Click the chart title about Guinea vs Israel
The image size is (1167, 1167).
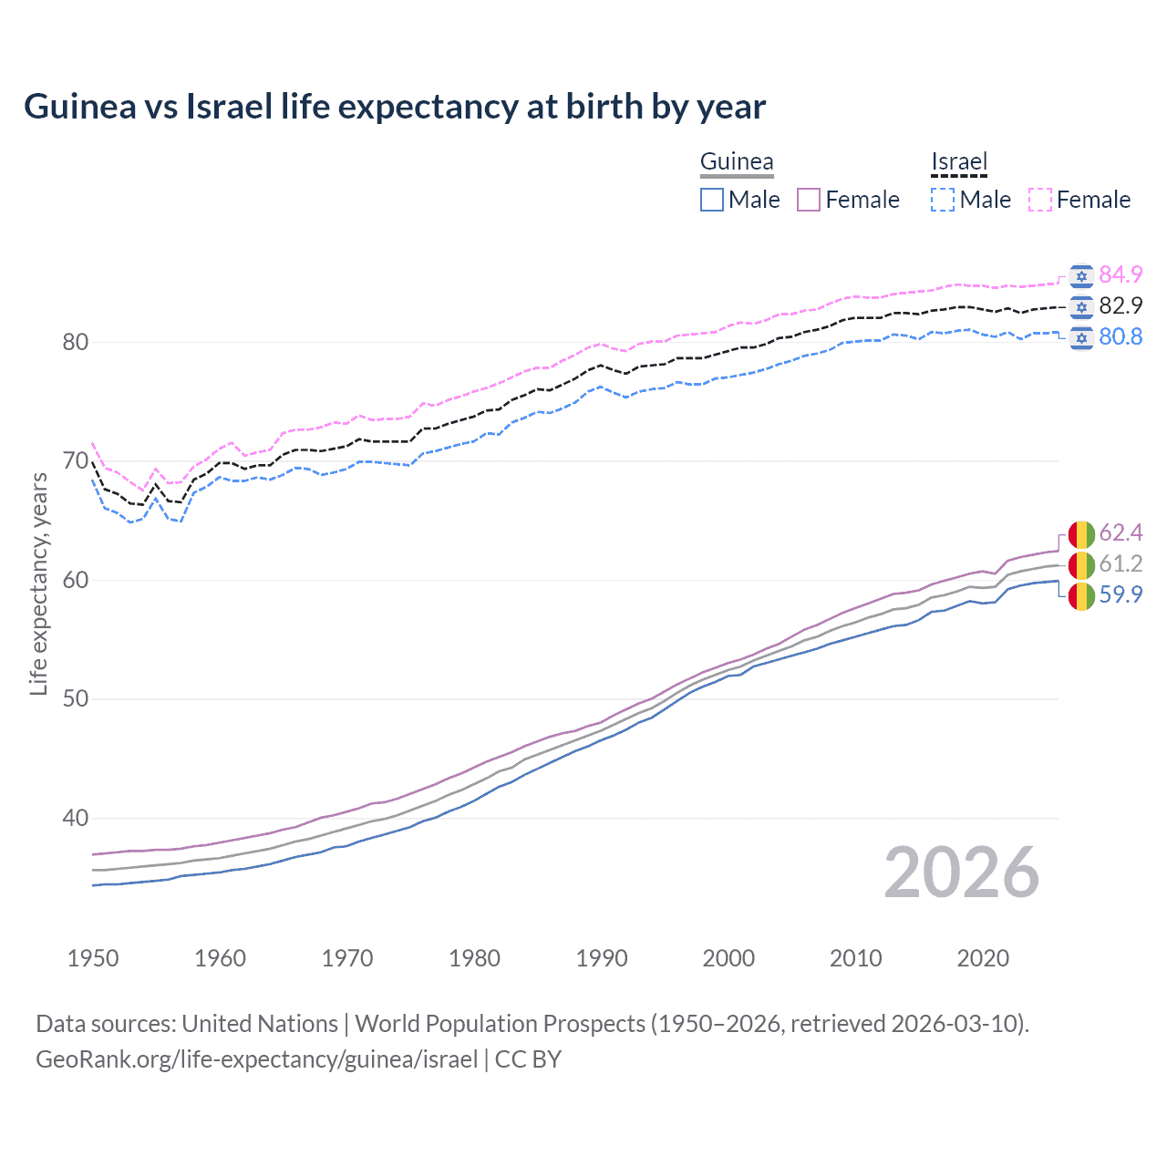(x=394, y=107)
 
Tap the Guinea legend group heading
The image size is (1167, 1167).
(x=737, y=162)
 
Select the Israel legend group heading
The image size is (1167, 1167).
(x=959, y=162)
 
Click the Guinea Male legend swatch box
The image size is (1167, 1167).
(x=712, y=200)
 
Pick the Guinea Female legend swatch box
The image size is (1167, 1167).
(x=809, y=200)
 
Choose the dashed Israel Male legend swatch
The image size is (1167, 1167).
(x=943, y=200)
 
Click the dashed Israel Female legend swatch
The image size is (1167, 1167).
(x=1040, y=200)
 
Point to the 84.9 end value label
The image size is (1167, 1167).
(x=1121, y=274)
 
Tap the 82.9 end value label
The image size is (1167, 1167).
(x=1121, y=305)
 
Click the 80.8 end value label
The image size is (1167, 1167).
(x=1121, y=336)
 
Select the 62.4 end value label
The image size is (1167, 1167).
(x=1121, y=532)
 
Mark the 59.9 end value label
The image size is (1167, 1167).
(x=1121, y=594)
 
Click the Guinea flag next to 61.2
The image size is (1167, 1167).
(x=1081, y=564)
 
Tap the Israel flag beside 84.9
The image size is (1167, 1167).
(x=1081, y=275)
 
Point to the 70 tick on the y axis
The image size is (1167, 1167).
(x=75, y=461)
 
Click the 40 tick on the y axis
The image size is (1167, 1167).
(x=75, y=818)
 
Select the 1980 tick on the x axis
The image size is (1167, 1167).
(x=474, y=958)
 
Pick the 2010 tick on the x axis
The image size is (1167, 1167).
(x=855, y=958)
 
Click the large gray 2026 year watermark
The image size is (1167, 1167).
(x=961, y=873)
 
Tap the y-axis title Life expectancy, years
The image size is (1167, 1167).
(x=38, y=583)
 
